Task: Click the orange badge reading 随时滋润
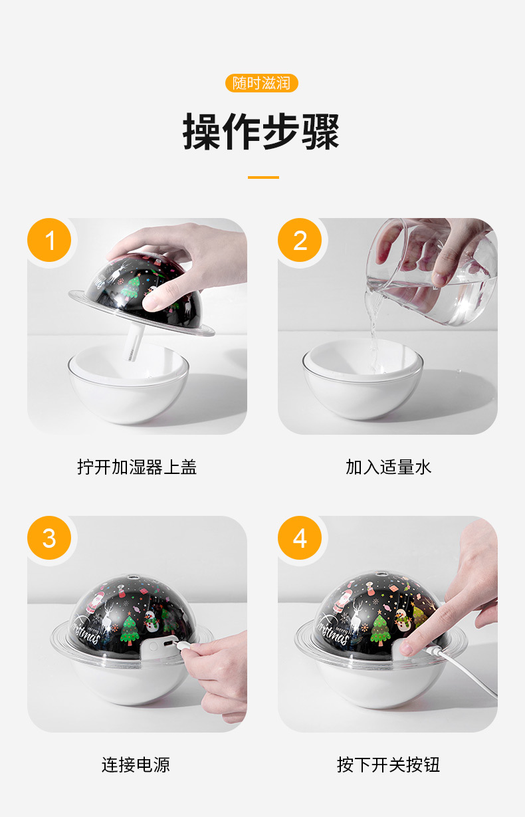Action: click(262, 83)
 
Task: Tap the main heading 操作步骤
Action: click(261, 132)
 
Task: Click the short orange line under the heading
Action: click(263, 177)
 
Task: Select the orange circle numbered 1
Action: click(49, 240)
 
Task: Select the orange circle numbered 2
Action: click(300, 240)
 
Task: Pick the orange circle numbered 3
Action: click(49, 538)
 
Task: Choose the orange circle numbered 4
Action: click(300, 538)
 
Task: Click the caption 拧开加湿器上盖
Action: click(137, 467)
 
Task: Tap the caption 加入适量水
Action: click(388, 467)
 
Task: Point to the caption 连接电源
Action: click(136, 764)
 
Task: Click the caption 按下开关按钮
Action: click(388, 764)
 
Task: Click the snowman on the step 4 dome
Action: click(402, 620)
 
